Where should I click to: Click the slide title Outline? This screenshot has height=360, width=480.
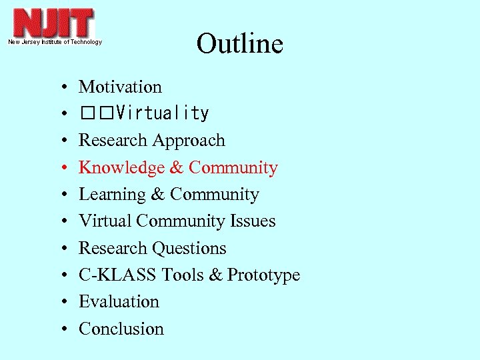(240, 44)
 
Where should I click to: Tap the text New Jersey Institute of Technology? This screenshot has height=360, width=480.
(55, 42)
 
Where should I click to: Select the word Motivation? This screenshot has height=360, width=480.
(120, 87)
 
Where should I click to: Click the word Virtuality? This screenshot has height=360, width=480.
(162, 114)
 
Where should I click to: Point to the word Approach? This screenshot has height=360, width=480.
(189, 141)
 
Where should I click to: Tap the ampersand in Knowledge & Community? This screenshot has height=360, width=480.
(177, 168)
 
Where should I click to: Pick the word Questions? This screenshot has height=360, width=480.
(189, 248)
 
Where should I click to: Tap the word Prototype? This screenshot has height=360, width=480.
(263, 275)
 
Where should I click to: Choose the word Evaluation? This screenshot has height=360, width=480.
(119, 302)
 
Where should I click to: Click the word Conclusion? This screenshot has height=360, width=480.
(121, 329)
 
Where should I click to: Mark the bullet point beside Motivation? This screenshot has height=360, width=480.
(61, 88)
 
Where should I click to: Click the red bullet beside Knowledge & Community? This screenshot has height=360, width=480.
(61, 169)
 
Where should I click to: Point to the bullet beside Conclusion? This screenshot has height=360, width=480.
(61, 330)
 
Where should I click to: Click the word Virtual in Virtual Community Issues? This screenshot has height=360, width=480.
(101, 221)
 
